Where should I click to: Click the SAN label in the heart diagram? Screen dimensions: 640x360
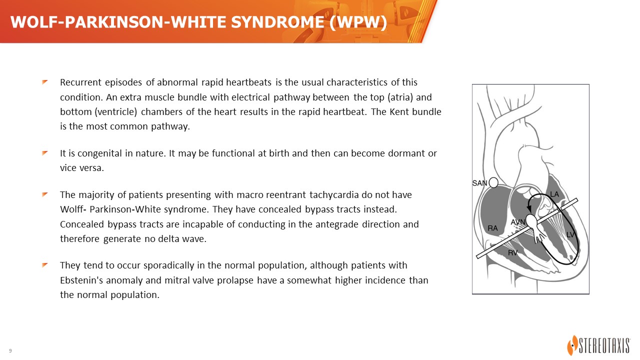pos(479,183)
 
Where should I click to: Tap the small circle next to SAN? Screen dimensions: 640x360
pos(493,182)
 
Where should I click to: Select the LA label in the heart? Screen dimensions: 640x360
pos(554,194)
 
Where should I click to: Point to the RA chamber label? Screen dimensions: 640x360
pos(492,228)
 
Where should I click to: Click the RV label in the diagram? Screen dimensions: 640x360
pos(513,252)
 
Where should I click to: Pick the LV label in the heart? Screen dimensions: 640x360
pos(570,235)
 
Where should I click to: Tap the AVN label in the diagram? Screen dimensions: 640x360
pos(518,222)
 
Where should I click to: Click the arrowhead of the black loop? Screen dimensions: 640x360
pos(529,209)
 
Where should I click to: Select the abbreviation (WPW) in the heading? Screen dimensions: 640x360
pos(358,22)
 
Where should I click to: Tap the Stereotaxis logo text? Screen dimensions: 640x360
pos(605,346)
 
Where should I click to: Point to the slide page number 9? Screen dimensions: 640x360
pos(10,350)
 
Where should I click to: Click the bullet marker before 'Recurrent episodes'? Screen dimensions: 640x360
pos(45,82)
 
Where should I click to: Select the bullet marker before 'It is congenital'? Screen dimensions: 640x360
pos(45,153)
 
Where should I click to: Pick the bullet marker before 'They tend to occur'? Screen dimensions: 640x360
pos(45,265)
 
